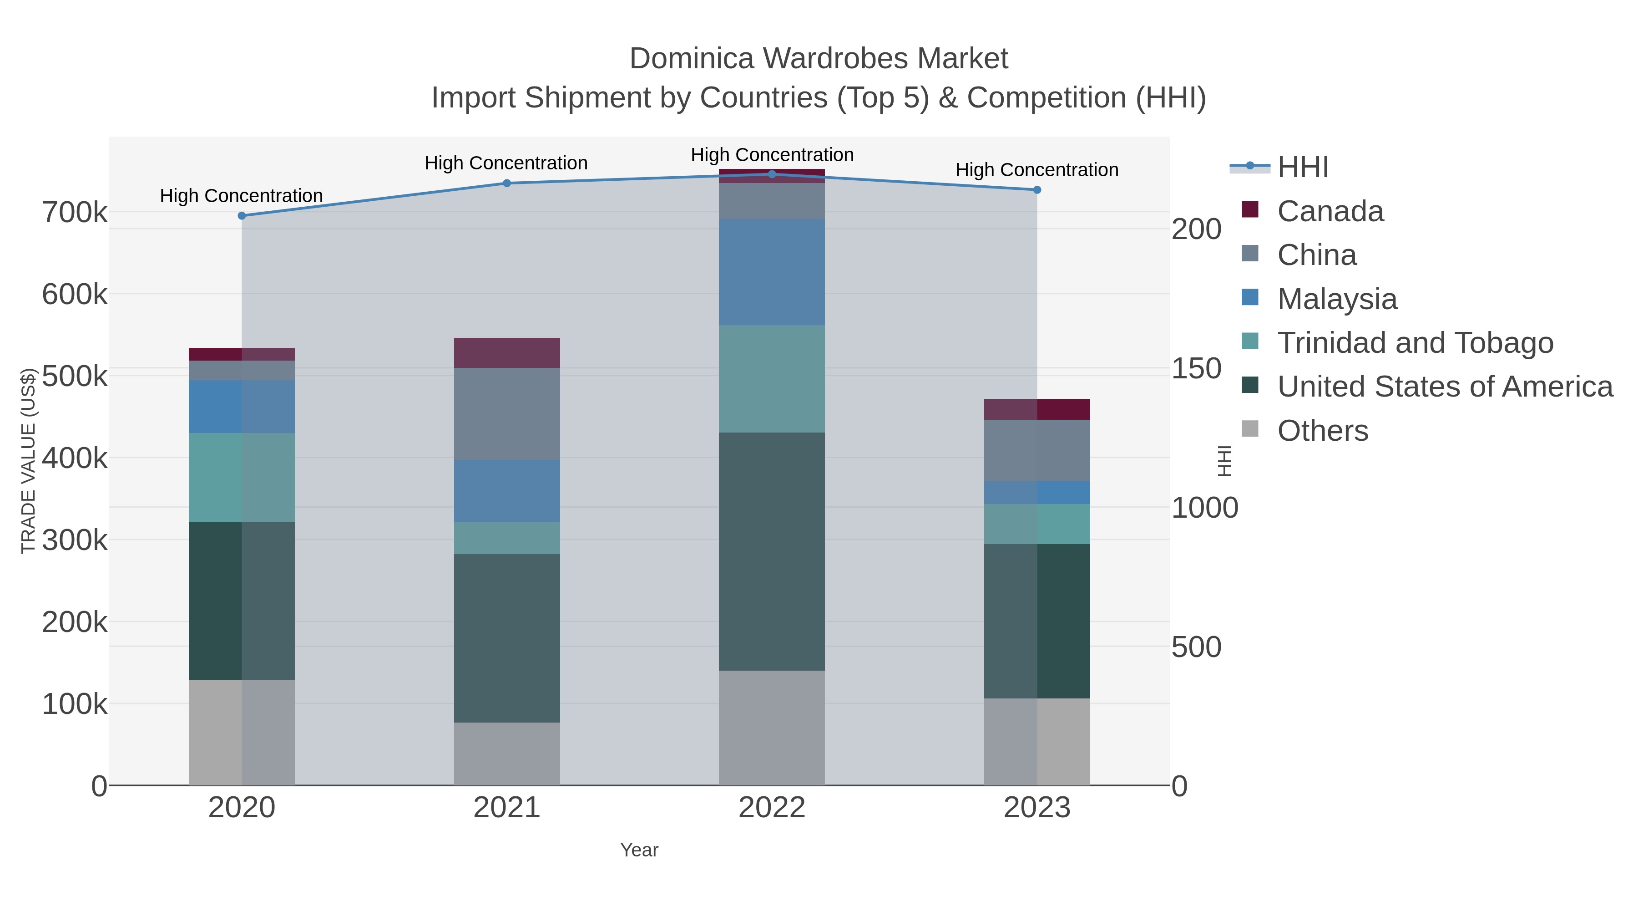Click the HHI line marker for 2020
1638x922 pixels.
click(242, 216)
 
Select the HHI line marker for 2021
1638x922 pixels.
click(507, 183)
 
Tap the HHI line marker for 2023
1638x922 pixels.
click(1037, 189)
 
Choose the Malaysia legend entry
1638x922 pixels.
click(1337, 299)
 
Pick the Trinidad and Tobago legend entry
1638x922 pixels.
click(1415, 343)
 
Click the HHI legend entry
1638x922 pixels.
click(1302, 168)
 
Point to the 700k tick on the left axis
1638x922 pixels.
click(75, 213)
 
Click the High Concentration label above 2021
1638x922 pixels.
click(506, 163)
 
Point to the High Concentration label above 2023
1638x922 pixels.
click(1036, 170)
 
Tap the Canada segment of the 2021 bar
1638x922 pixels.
click(507, 352)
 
